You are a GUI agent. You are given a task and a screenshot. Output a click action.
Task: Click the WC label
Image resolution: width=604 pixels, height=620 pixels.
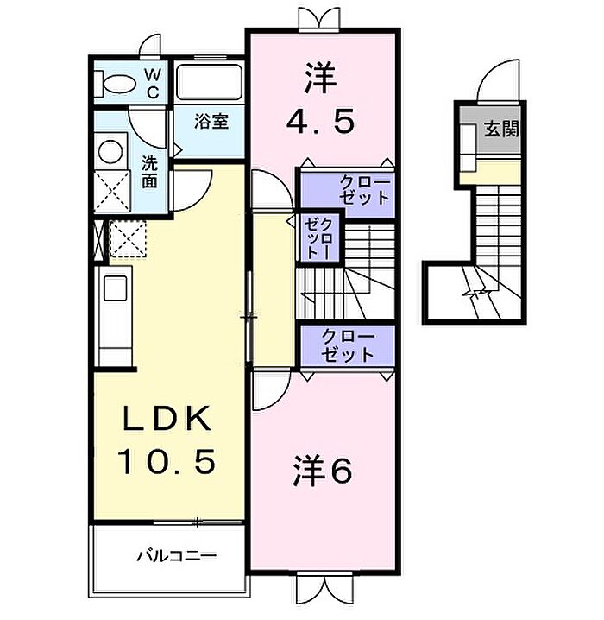point(153,83)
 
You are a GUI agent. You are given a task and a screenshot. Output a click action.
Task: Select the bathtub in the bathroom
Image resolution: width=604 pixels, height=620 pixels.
point(209,82)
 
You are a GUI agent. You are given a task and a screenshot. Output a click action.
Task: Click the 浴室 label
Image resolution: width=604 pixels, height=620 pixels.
point(211,122)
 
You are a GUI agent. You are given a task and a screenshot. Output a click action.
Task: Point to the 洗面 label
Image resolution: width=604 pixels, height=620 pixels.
point(150,172)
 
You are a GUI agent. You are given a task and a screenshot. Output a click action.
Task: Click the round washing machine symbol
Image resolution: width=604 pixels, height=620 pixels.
point(110,151)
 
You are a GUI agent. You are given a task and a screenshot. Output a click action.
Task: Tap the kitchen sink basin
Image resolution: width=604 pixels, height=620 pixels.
point(115,288)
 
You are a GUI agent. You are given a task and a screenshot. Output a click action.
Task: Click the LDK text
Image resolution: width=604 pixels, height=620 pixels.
point(167,419)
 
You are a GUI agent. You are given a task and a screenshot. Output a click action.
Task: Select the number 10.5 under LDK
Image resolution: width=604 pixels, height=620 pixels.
point(167,461)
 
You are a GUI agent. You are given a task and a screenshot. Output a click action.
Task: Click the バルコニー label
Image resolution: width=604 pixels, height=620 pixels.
point(177,556)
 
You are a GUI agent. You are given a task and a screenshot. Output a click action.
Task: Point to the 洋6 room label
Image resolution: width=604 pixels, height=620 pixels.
point(323,471)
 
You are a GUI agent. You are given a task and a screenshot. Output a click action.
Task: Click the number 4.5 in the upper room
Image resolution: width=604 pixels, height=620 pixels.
point(320,120)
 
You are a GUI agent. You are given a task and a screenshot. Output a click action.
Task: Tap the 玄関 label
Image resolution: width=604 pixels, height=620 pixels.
point(501,129)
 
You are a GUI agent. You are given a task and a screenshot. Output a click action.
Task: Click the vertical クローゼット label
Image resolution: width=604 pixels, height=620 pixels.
point(318,239)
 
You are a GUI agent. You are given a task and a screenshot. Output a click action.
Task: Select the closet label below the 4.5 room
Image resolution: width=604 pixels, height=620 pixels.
point(365,191)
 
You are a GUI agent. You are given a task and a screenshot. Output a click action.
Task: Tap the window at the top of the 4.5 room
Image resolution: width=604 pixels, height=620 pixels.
point(319,21)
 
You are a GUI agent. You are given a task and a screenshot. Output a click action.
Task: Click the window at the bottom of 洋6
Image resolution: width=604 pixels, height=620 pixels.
point(324,589)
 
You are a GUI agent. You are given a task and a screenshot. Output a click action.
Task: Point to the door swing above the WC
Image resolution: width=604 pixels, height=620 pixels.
point(151,46)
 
